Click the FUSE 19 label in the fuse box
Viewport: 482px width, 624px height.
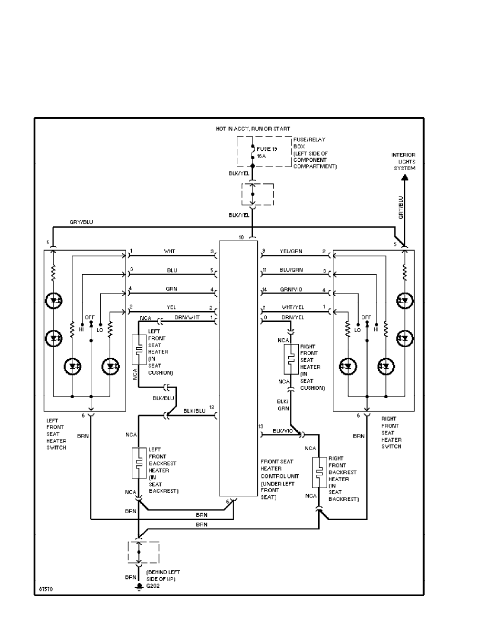[x=267, y=149]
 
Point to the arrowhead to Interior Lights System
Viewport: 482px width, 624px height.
[x=405, y=178]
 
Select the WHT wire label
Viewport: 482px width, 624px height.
[x=170, y=252]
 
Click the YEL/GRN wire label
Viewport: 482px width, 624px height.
[x=291, y=252]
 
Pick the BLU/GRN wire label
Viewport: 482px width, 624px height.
[x=291, y=271]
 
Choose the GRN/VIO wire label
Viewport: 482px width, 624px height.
[x=290, y=289]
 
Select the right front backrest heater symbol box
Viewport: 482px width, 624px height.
[x=318, y=473]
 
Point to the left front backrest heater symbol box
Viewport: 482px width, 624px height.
[x=139, y=463]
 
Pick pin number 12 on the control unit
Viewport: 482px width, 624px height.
[x=212, y=407]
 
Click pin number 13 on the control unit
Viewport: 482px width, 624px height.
[x=261, y=426]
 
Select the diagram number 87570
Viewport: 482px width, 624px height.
[x=45, y=589]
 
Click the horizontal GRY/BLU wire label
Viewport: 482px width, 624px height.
[x=81, y=223]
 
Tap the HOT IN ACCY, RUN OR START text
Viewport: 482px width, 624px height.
[x=253, y=129]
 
